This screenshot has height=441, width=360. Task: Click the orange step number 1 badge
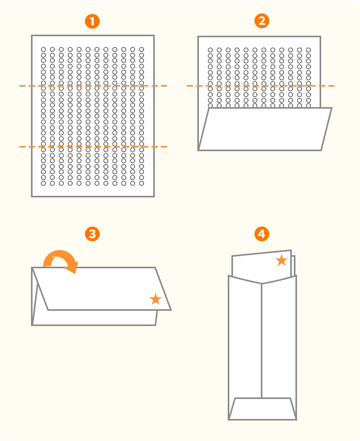click(x=92, y=22)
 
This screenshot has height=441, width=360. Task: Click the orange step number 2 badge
click(x=261, y=22)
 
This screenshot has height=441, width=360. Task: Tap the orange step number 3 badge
click(x=92, y=234)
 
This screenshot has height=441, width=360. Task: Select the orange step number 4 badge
click(x=261, y=234)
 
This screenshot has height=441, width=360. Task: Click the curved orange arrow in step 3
click(x=61, y=260)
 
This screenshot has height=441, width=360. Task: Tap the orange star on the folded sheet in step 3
click(x=155, y=299)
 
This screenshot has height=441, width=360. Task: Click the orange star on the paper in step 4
click(x=282, y=260)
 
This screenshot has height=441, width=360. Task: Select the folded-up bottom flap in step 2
click(x=264, y=129)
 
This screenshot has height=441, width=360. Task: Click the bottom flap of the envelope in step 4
click(x=262, y=408)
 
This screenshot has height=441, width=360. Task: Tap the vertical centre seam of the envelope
click(x=262, y=341)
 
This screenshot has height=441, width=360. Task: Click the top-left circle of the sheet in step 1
click(x=44, y=49)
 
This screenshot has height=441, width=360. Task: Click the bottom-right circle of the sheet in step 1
click(x=142, y=183)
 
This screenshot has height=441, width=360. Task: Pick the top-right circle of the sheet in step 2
click(x=309, y=50)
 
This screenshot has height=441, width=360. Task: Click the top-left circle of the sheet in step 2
click(x=210, y=50)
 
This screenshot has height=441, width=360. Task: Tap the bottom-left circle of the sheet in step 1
click(x=44, y=183)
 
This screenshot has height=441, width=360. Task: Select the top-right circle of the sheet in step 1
click(x=142, y=49)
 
